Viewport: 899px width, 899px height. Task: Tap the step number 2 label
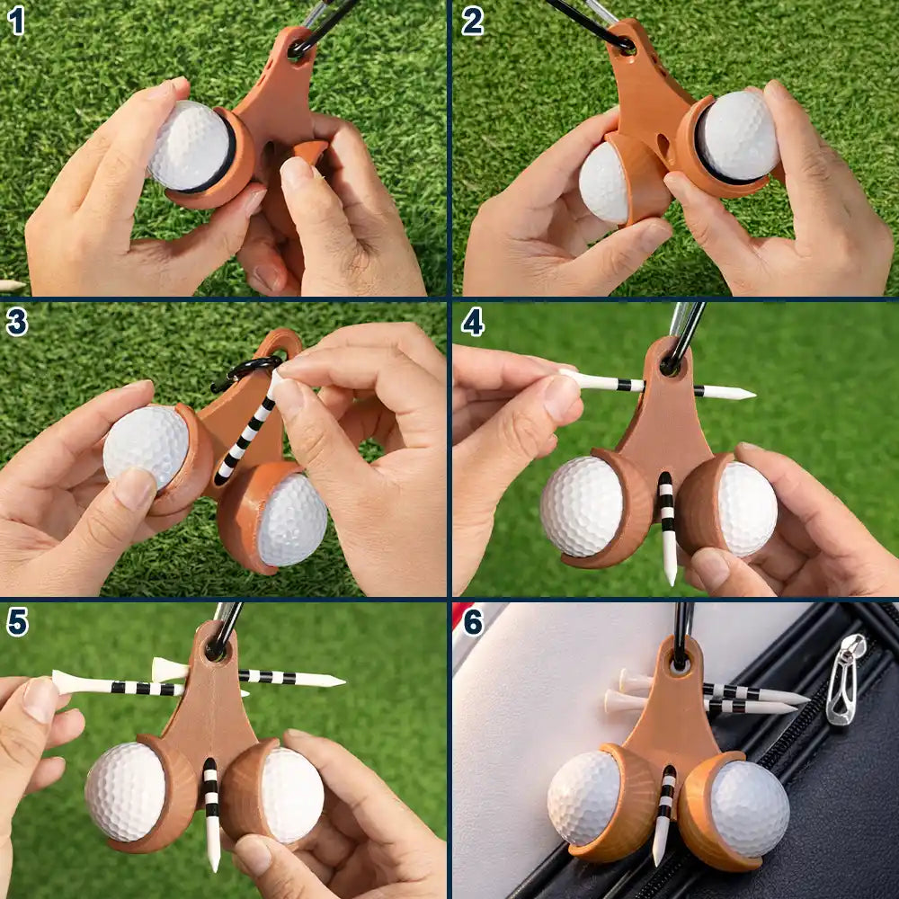(473, 20)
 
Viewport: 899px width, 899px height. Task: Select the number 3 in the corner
(16, 321)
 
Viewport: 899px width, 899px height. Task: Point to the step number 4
(473, 321)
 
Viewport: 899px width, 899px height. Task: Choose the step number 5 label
(16, 621)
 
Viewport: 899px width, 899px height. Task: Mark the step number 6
(473, 621)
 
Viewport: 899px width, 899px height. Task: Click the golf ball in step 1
(190, 146)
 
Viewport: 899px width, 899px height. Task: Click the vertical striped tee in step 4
(667, 526)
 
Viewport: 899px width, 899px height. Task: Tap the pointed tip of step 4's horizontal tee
(748, 393)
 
